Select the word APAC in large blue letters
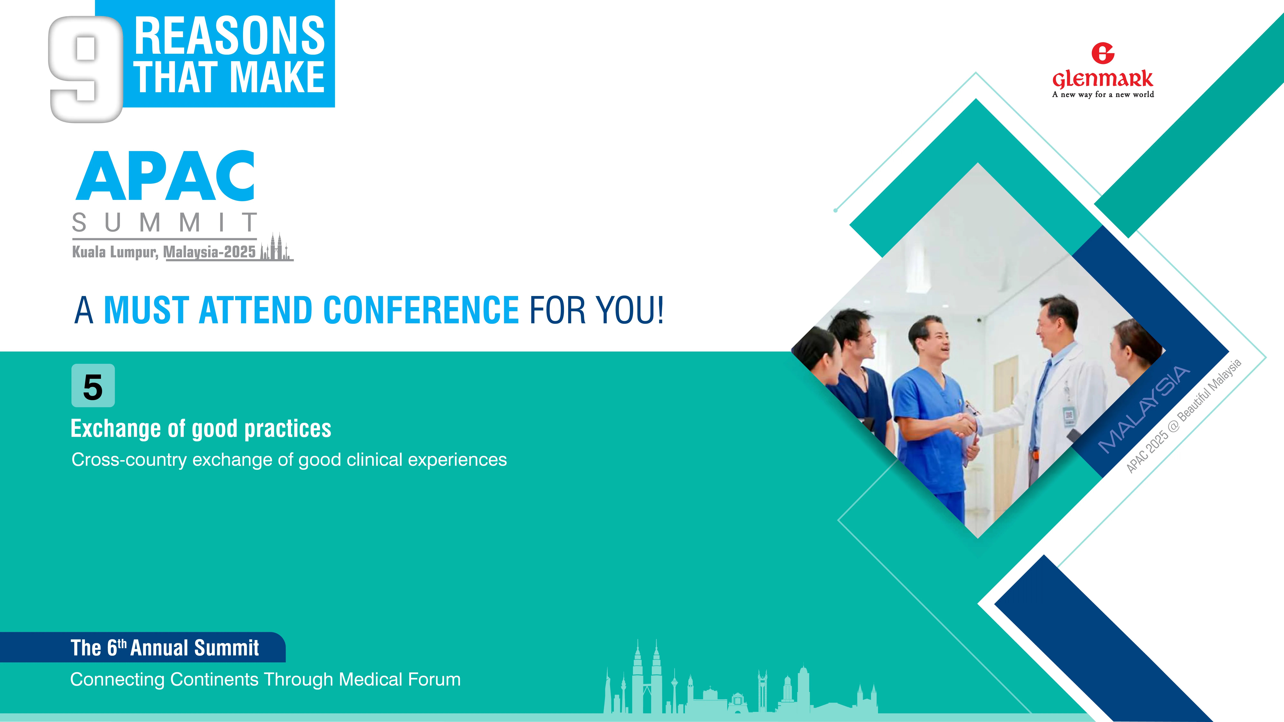(x=165, y=176)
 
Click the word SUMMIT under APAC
(x=165, y=222)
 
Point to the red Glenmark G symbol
(x=1103, y=53)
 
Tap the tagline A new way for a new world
(x=1103, y=94)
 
